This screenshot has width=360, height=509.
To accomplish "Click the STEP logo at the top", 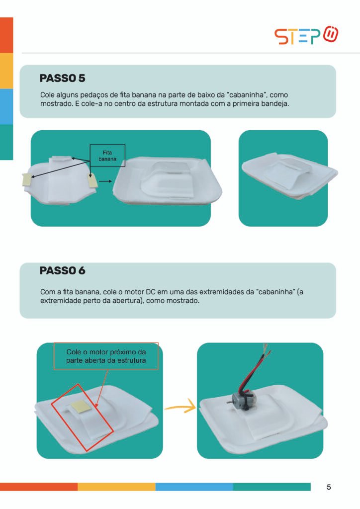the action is coord(306,35).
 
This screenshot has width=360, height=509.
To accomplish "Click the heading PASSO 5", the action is coord(62,78).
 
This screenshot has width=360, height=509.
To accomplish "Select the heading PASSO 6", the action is coord(62,270).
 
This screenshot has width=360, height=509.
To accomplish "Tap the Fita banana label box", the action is coord(107,156).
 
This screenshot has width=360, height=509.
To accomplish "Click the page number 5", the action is coord(329,487).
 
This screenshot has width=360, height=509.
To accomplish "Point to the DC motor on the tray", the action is coord(241,399).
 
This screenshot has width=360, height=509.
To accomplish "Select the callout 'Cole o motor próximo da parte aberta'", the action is coord(106,356).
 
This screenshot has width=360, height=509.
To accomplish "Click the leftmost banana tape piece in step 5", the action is coord(27,179).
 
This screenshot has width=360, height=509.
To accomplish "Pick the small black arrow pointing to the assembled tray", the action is coord(105,181).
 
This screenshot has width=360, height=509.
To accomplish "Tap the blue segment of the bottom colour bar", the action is coord(194,487).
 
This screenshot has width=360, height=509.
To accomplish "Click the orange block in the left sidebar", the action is coord(6,35).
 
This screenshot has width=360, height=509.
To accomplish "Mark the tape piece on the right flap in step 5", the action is coord(93,180).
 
